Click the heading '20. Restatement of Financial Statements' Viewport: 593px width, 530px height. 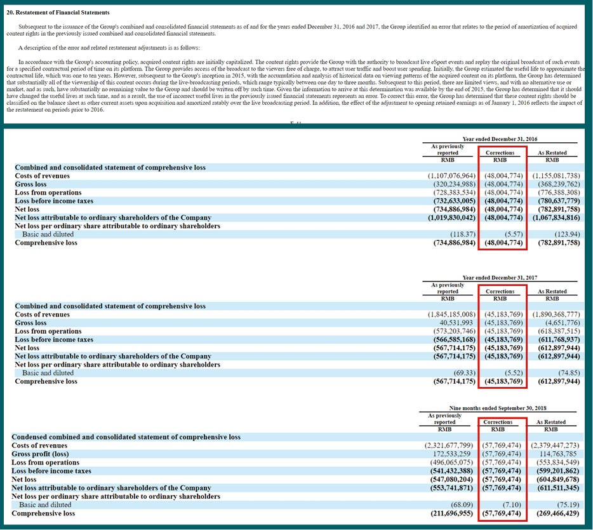point(58,13)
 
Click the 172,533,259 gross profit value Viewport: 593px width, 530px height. point(453,454)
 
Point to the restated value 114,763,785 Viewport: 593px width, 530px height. point(559,454)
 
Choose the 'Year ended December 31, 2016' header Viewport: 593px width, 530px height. point(500,139)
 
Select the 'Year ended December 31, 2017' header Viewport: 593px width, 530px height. point(500,278)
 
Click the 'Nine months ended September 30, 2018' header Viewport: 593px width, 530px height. point(498,408)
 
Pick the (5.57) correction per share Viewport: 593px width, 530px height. point(514,234)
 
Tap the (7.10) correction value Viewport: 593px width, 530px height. point(512,505)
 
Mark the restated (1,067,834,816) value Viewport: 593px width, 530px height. point(556,218)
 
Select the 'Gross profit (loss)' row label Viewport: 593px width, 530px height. point(40,454)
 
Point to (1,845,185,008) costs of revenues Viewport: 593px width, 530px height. point(451,315)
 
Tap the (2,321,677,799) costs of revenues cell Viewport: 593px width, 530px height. point(448,445)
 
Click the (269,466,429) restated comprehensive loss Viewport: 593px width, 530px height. point(557,513)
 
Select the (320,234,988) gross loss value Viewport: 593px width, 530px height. point(454,184)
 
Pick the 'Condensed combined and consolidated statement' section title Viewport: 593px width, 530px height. point(126,437)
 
